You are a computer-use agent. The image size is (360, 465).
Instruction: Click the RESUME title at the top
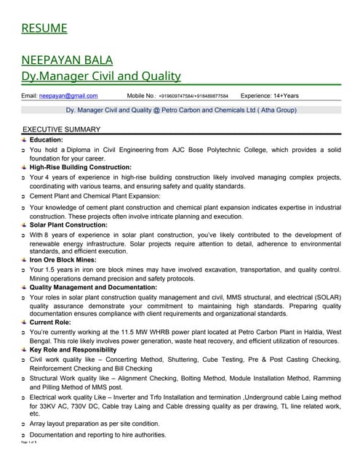click(x=44, y=28)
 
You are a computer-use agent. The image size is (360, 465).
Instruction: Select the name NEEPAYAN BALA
click(x=66, y=60)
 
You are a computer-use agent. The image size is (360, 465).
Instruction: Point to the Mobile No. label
click(x=140, y=95)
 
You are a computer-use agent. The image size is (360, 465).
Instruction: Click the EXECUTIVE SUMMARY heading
click(x=62, y=129)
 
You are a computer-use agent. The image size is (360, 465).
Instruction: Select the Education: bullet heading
click(x=46, y=139)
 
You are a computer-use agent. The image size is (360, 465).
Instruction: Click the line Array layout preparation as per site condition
click(x=95, y=424)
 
